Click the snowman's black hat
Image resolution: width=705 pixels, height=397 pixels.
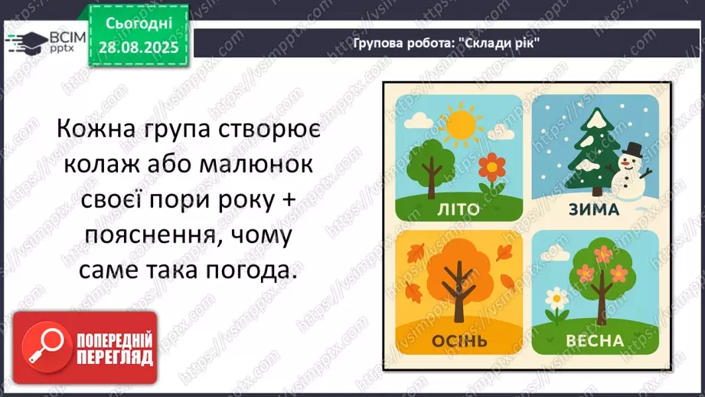click(633, 149)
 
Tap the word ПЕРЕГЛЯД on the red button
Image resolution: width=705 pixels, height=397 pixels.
click(114, 356)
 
